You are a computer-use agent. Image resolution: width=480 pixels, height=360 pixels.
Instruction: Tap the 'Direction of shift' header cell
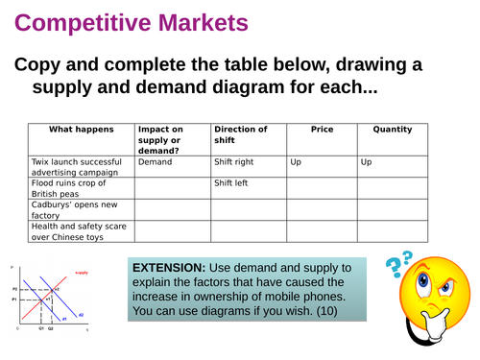240,134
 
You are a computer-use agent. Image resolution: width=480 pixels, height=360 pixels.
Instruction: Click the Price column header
322,130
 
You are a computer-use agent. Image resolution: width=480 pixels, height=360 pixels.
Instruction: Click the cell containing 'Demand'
155,162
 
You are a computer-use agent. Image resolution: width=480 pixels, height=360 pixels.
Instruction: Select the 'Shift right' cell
234,162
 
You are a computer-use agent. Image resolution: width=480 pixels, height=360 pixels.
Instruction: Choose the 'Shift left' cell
231,183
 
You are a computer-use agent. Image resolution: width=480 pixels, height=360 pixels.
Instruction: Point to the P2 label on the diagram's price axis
14,287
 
